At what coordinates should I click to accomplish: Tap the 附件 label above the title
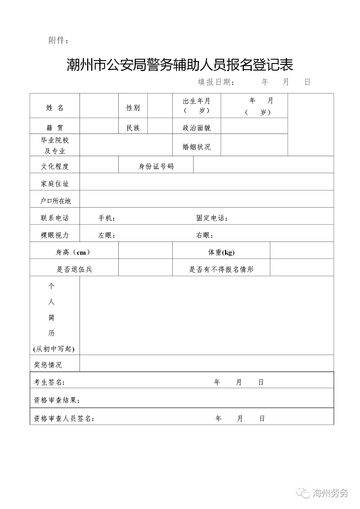[58, 40]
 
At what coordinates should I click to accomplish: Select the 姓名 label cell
[55, 107]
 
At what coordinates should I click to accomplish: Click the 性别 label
[133, 107]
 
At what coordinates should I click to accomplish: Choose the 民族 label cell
[133, 128]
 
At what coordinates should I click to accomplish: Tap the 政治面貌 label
[196, 128]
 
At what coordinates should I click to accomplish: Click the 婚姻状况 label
[196, 147]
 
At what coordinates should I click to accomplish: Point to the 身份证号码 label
[156, 166]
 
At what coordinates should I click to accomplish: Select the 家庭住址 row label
[55, 184]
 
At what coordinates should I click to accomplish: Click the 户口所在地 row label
[55, 201]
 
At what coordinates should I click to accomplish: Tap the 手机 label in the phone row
[106, 218]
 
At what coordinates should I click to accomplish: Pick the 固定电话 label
[211, 218]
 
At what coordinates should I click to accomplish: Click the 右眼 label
[204, 235]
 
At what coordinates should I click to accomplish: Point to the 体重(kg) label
[221, 252]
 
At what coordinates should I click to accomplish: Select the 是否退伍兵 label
[74, 269]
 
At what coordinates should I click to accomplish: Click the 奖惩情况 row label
[48, 365]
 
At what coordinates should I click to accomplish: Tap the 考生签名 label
[49, 382]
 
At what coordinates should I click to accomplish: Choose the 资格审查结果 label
[57, 400]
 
